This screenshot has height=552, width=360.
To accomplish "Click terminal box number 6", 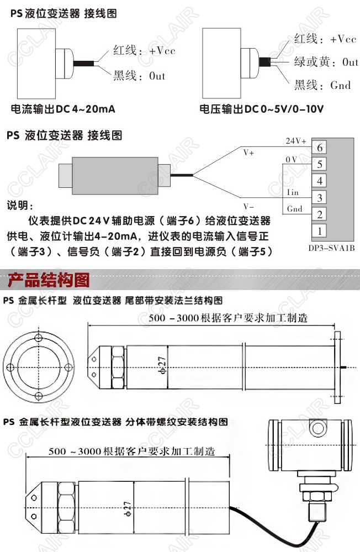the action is click(320, 147).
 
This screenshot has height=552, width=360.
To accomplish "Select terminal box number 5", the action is click(320, 164).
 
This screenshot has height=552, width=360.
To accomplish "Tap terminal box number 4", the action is click(320, 181).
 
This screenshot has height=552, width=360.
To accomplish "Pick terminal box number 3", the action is click(320, 197).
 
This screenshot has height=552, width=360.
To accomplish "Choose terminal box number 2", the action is click(320, 214).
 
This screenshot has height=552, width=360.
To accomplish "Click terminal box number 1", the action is click(320, 231).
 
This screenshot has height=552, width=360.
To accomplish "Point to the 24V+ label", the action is click(296, 141).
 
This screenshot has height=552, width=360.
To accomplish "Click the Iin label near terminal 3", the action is click(293, 192).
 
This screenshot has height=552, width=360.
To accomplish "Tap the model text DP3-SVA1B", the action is click(331, 248).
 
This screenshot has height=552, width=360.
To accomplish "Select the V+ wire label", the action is click(248, 153).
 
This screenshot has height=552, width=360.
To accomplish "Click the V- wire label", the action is click(248, 206).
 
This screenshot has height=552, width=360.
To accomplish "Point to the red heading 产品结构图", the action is click(49, 280).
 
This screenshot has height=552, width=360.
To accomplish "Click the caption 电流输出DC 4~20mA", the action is click(63, 109).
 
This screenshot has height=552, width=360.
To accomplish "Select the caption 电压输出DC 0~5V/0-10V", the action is click(262, 109).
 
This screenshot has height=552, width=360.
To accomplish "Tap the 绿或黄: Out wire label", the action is click(326, 62).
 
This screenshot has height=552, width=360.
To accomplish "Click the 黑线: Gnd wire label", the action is click(322, 85).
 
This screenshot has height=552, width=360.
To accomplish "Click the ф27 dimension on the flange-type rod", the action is click(162, 365).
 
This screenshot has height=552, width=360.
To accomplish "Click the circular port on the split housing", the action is click(319, 428).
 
